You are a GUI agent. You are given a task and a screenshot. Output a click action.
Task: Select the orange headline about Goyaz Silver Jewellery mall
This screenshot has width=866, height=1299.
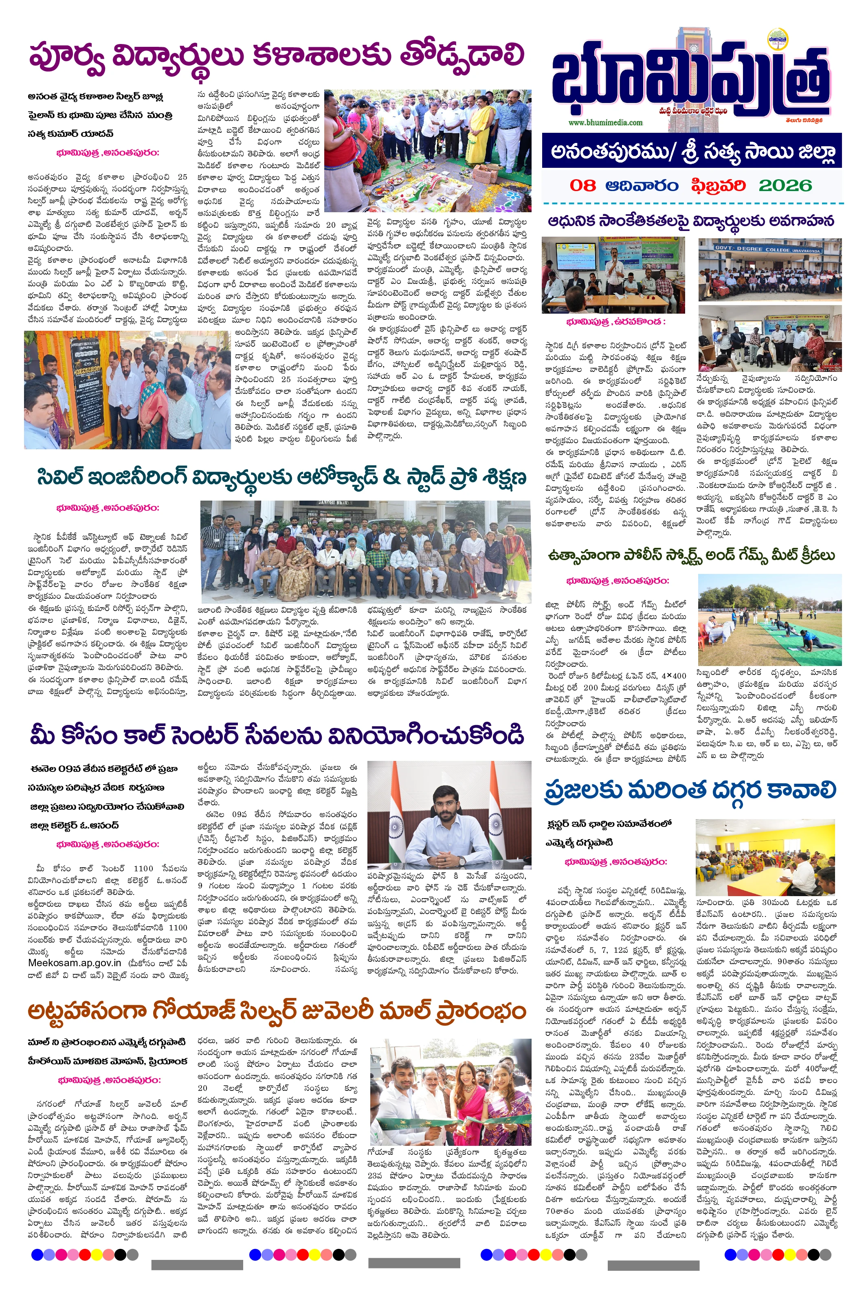(x=276, y=1010)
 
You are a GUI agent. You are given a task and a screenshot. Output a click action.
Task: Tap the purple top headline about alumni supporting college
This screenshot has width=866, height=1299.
(x=276, y=57)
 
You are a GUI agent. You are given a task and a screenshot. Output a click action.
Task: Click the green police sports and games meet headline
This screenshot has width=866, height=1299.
(x=692, y=556)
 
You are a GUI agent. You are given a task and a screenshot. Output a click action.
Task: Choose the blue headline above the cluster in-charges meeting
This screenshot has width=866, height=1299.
(x=690, y=790)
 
